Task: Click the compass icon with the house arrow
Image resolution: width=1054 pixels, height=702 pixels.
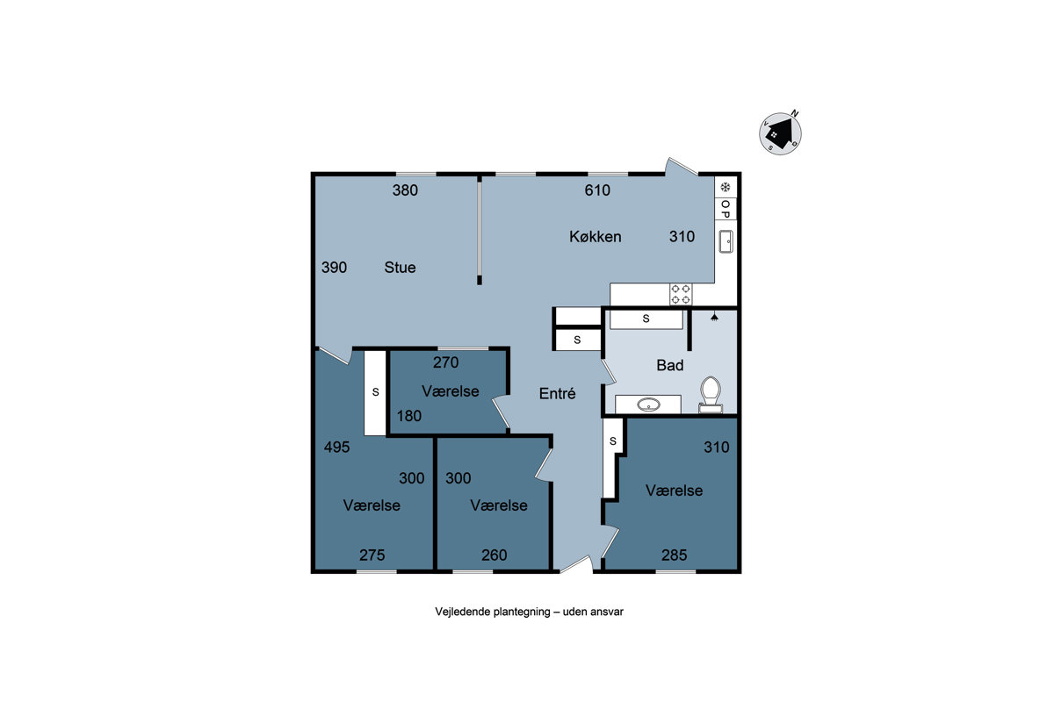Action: (780, 133)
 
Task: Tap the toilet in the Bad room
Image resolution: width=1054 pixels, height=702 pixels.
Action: (711, 395)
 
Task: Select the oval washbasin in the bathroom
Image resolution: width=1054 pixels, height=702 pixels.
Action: (648, 405)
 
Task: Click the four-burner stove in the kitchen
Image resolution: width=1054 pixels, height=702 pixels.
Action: (681, 294)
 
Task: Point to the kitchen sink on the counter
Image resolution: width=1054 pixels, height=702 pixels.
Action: (726, 241)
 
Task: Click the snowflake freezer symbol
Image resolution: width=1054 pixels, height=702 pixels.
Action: (726, 187)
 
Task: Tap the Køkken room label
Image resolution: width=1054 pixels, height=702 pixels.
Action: (596, 237)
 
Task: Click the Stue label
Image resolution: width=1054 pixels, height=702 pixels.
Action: (400, 268)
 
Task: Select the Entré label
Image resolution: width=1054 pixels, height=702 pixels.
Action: (557, 393)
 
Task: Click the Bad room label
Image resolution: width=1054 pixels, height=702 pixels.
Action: (670, 365)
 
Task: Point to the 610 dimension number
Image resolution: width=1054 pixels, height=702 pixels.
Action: (597, 190)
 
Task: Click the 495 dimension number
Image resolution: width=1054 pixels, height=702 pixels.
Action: (337, 447)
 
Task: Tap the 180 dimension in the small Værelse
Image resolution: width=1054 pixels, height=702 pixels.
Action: (409, 416)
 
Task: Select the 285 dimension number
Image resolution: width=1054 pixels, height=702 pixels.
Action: (675, 555)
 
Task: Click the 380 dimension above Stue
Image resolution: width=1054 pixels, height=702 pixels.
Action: (405, 190)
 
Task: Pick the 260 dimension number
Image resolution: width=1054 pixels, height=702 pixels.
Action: (494, 555)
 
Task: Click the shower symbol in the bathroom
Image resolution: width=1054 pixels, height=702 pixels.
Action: (714, 317)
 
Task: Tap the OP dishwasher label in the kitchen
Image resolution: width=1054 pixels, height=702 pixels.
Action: (726, 209)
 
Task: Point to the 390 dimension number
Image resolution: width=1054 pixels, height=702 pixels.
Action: (334, 268)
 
